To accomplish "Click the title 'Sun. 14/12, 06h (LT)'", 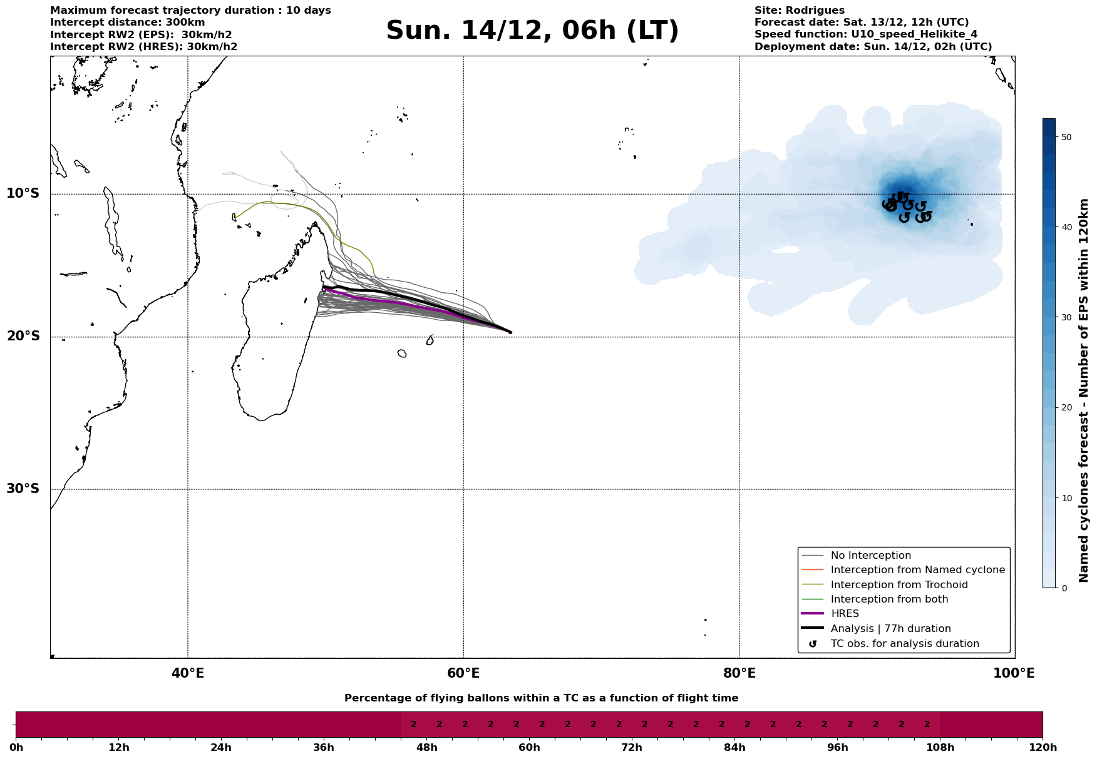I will point(532,31).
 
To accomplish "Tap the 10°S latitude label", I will point(23,193).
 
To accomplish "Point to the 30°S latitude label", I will point(23,489).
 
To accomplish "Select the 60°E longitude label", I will point(463,673).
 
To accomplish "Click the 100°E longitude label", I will point(1014,673).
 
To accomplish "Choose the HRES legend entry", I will point(845,614).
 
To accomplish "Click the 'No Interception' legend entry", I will point(870,556).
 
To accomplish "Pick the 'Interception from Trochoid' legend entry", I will point(899,585).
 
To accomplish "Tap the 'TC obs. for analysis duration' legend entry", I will point(904,644).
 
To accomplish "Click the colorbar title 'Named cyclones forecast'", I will point(1084,390).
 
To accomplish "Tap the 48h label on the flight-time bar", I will point(426,748).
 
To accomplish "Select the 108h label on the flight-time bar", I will point(940,748).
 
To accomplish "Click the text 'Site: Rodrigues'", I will point(799,11).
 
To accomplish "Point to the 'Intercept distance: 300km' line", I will point(127,23).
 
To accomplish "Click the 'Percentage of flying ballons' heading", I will point(541,698).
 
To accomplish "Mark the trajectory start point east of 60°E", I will point(510,332).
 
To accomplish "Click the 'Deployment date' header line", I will point(873,47).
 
